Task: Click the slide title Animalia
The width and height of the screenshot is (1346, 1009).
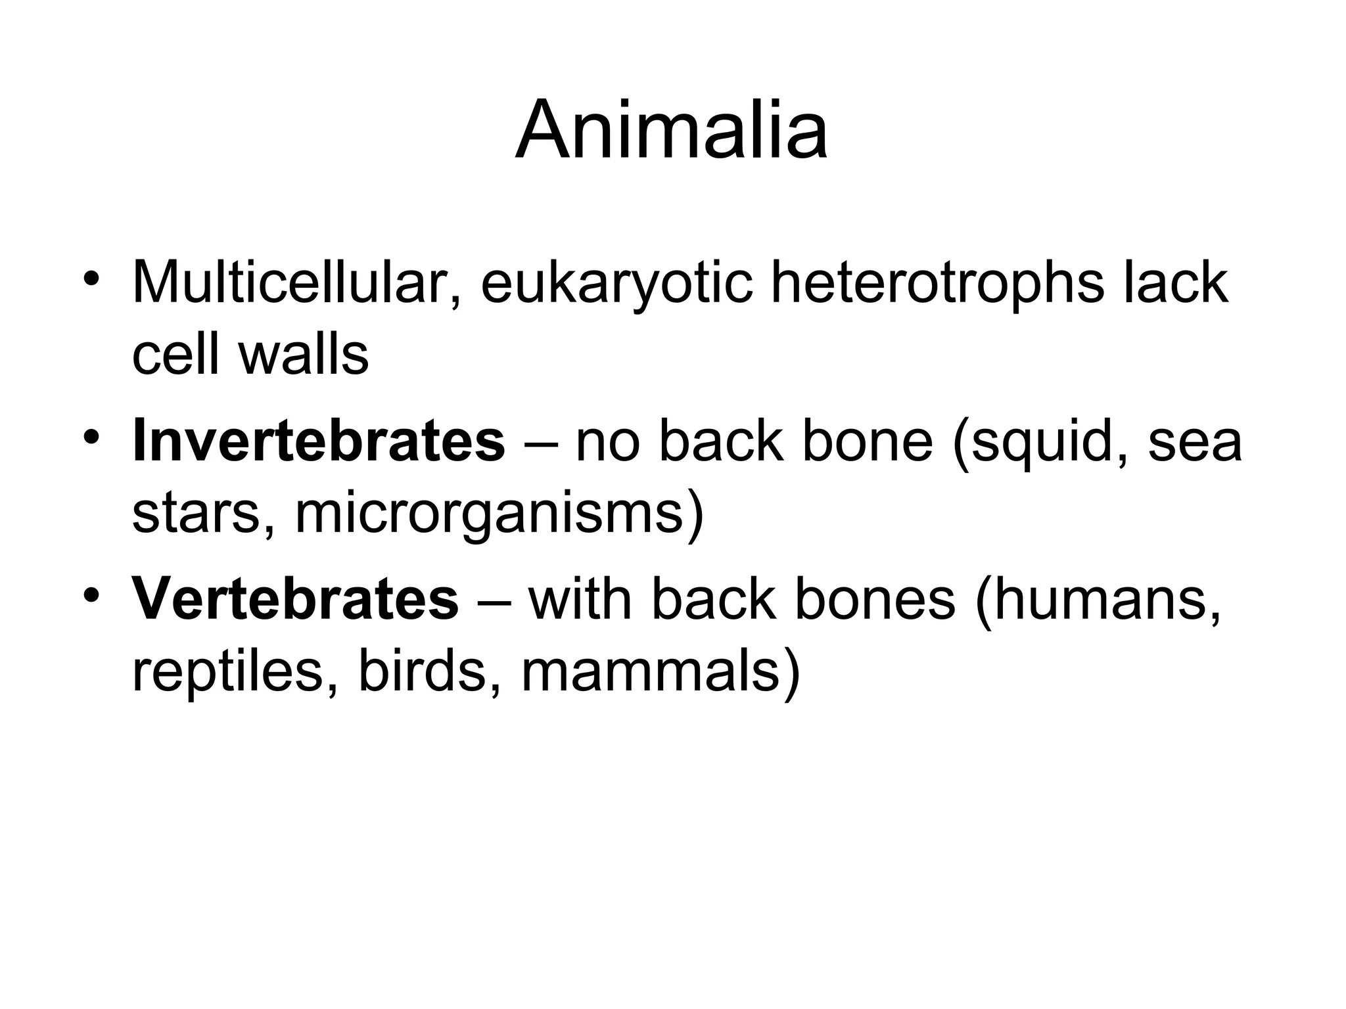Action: click(x=671, y=130)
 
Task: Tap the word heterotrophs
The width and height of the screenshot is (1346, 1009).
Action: click(x=937, y=284)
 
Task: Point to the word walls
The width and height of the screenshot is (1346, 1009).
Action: click(x=304, y=355)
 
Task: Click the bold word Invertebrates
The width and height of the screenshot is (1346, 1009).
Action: click(x=319, y=441)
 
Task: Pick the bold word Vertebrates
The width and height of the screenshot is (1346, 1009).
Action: click(x=295, y=599)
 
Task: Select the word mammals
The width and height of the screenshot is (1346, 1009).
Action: click(x=651, y=673)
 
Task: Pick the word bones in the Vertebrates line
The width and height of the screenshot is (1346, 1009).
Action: click(x=874, y=599)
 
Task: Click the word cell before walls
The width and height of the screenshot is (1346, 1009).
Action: click(x=175, y=355)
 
